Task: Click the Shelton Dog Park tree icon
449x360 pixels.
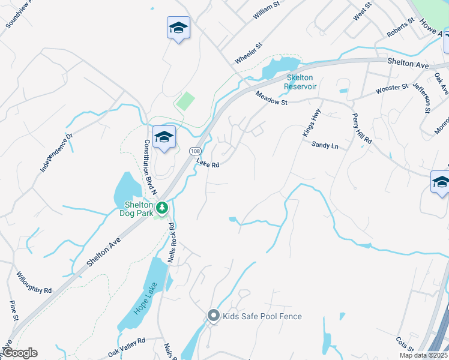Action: (x=161, y=208)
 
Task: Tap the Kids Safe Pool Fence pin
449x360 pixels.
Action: (x=213, y=316)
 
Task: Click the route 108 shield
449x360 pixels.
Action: (x=194, y=151)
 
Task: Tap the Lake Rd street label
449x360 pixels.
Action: (x=208, y=164)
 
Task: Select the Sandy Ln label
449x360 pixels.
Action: (x=325, y=145)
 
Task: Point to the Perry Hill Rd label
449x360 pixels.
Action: (x=362, y=130)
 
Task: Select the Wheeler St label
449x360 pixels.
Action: (x=249, y=53)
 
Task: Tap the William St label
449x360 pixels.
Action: (x=267, y=11)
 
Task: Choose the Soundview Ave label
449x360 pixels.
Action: (x=19, y=15)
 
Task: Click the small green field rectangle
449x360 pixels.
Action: (x=186, y=100)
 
